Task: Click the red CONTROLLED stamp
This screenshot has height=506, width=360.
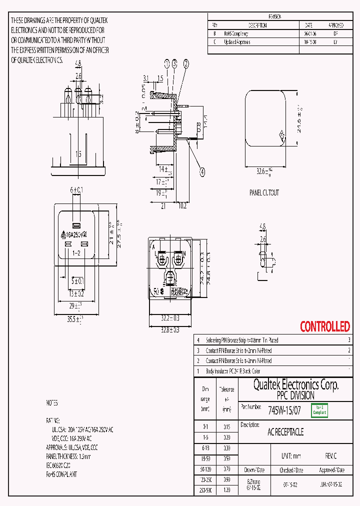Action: [324, 327]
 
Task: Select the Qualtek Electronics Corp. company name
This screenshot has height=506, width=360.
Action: [295, 384]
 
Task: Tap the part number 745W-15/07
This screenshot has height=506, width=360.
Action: [284, 410]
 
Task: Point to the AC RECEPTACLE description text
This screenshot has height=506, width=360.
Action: [285, 432]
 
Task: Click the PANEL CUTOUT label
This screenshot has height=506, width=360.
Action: [264, 192]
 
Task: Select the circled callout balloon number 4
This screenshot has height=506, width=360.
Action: [202, 172]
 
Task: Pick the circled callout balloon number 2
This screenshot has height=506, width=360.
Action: [186, 63]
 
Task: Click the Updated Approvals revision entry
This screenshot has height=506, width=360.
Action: [236, 42]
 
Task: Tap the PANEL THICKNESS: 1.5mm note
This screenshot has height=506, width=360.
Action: [68, 456]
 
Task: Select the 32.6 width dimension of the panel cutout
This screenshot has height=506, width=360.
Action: [265, 171]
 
